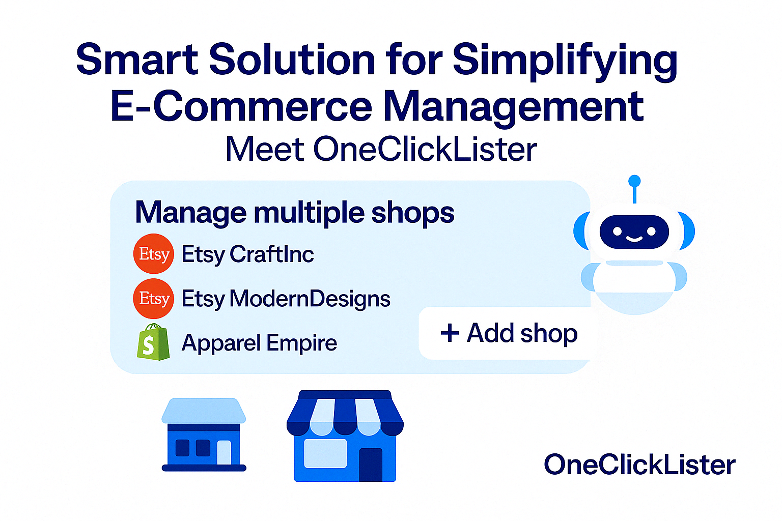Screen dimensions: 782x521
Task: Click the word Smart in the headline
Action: click(x=137, y=59)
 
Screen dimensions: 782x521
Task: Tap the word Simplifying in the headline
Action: click(x=565, y=63)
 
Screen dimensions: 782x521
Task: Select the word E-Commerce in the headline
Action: click(x=241, y=105)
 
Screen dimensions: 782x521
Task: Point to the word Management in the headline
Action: click(x=514, y=108)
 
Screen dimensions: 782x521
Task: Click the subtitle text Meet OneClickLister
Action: click(x=381, y=150)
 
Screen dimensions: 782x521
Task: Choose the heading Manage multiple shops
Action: click(x=295, y=213)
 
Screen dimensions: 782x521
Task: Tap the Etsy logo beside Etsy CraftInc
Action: click(x=154, y=254)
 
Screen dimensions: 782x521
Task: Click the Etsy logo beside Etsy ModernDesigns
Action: click(x=154, y=298)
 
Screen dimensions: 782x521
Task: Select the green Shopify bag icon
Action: click(x=153, y=342)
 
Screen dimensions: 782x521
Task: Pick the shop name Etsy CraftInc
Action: click(x=247, y=254)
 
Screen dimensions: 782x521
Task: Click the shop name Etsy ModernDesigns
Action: click(x=286, y=299)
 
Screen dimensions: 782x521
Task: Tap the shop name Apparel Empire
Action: click(x=259, y=343)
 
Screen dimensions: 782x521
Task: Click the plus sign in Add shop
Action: click(x=450, y=333)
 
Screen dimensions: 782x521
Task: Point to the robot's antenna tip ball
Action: click(x=634, y=181)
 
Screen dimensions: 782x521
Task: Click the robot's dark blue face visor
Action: click(x=634, y=232)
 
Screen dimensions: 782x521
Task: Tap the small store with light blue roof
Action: click(x=204, y=435)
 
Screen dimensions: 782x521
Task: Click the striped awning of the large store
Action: click(x=345, y=414)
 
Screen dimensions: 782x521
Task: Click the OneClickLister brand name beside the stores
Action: click(x=639, y=465)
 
